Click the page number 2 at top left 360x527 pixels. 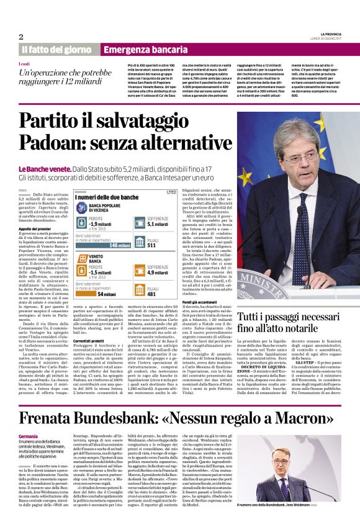(x=21, y=36)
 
